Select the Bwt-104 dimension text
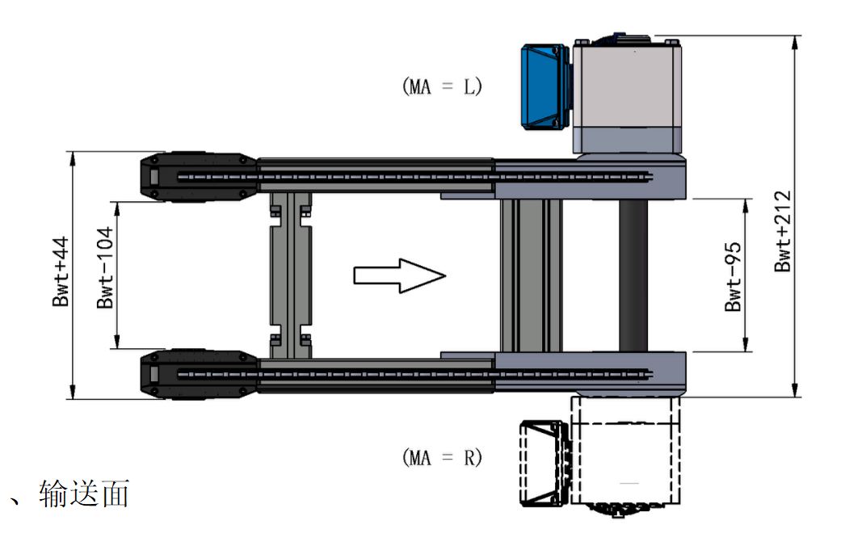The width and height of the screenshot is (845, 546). tap(105, 276)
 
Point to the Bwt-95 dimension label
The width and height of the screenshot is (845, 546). tap(734, 276)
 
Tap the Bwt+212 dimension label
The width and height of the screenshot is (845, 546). tap(782, 232)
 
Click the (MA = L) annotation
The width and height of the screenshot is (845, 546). tap(442, 86)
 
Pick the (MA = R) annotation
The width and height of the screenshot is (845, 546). tap(442, 458)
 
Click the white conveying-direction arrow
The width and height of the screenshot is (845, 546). tap(400, 276)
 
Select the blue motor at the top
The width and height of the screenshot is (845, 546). tap(545, 86)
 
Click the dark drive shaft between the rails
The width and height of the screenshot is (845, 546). tap(633, 276)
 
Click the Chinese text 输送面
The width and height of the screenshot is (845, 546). tap(84, 494)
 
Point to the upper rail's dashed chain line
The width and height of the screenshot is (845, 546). tap(412, 176)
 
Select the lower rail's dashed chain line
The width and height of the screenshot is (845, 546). tap(412, 372)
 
